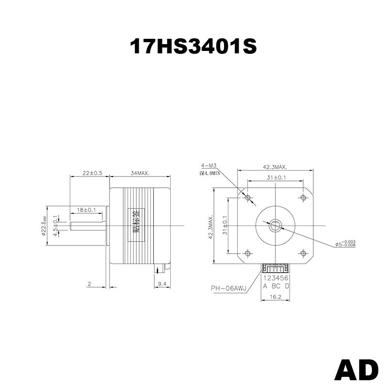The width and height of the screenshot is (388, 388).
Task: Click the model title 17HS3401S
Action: pos(193,47)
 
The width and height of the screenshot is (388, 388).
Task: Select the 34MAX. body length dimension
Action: pos(140,173)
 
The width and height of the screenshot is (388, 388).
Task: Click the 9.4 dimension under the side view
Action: pos(162,284)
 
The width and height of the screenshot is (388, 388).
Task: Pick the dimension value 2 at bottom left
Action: pos(89,284)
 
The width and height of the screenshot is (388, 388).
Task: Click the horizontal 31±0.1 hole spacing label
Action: pos(275,178)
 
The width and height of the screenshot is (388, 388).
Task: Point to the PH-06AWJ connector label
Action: pos(228,289)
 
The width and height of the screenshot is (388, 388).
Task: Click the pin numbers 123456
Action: pos(276,278)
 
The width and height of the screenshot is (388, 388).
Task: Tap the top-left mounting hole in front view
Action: pos(248,197)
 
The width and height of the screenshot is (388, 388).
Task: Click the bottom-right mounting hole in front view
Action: pos(304,253)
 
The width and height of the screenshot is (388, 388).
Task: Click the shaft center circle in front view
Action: pos(275,225)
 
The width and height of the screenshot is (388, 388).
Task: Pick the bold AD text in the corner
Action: pos(356,370)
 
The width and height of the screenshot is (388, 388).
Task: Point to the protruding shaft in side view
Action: pos(87,226)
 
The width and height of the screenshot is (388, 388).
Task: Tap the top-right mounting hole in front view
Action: pos(304,197)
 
